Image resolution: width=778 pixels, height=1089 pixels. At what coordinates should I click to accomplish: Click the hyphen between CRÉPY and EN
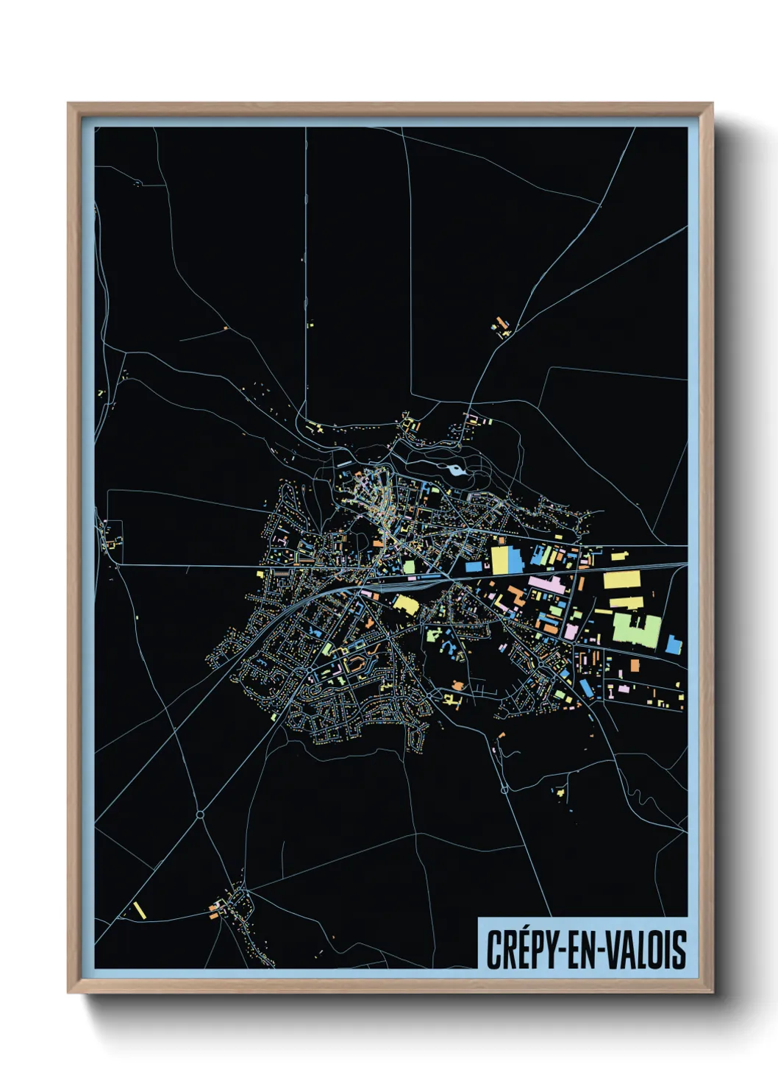[563, 950]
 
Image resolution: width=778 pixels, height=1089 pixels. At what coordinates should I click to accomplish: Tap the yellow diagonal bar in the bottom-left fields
[140, 909]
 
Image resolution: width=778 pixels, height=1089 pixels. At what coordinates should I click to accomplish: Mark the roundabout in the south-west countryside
[200, 815]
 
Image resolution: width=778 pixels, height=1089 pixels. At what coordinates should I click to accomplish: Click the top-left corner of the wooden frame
[68, 104]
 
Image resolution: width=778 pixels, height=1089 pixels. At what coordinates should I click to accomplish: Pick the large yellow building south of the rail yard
[406, 605]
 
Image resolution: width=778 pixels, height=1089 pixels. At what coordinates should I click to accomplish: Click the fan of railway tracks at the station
[412, 581]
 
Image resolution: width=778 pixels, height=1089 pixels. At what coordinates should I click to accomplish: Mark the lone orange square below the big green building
[635, 665]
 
